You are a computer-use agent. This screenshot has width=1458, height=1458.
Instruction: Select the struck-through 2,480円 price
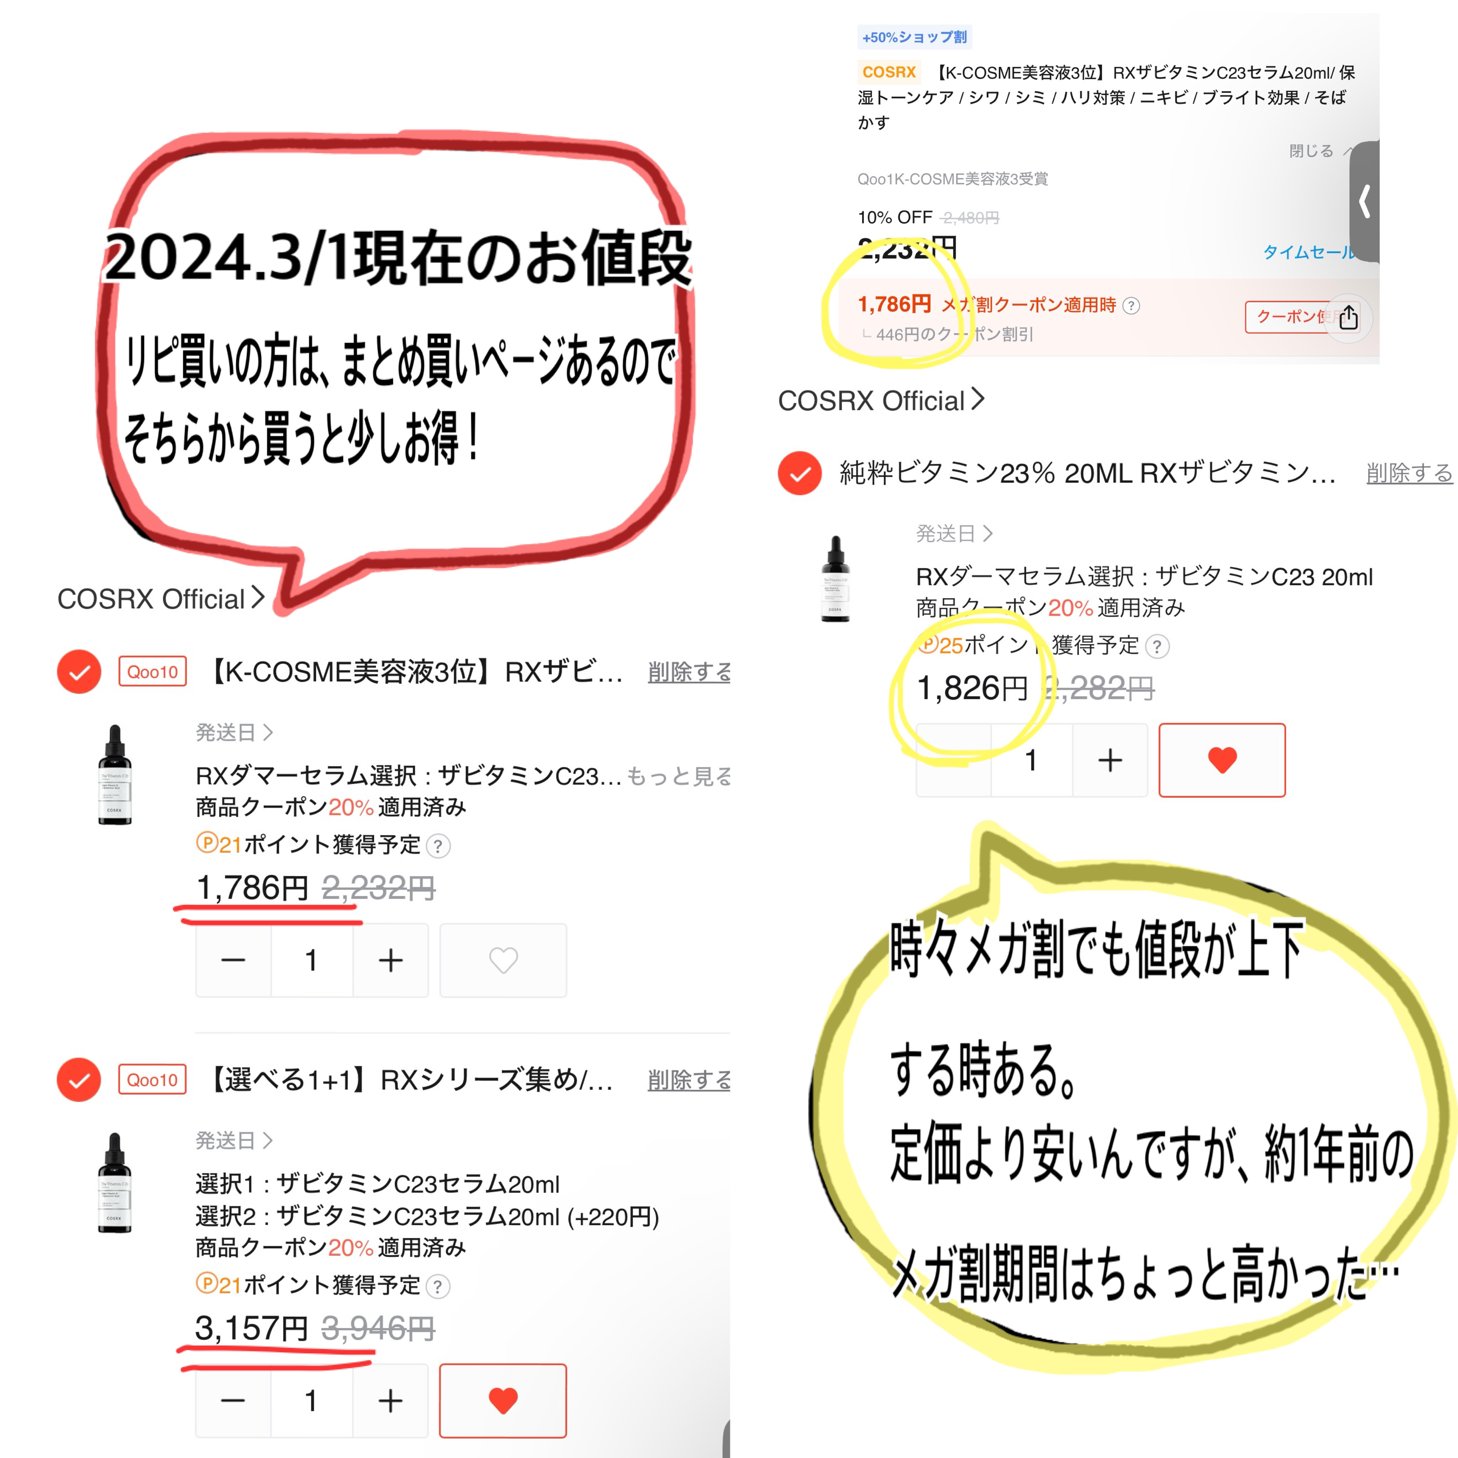(x=970, y=218)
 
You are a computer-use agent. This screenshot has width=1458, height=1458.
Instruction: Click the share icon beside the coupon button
(x=1348, y=318)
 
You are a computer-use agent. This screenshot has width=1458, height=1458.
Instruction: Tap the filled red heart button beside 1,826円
(x=1222, y=760)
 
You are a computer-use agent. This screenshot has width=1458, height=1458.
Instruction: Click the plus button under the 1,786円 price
(x=390, y=960)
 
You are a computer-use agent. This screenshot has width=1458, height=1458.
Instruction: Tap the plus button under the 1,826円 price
(x=1110, y=760)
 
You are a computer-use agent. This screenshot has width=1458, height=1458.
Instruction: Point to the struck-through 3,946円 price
(x=378, y=1328)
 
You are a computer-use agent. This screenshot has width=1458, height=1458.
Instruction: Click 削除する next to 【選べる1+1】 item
(x=688, y=1080)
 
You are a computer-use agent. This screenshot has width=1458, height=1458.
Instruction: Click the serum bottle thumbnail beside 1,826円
(x=835, y=579)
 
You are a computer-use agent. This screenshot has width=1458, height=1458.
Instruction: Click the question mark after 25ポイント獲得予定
(x=1157, y=647)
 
